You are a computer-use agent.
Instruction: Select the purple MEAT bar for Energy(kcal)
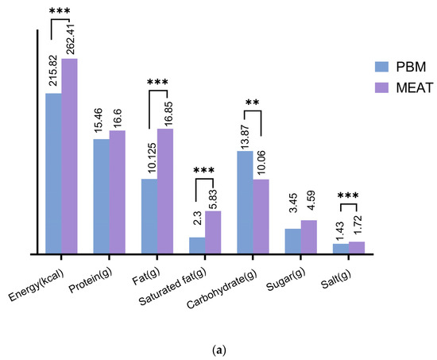[70, 156]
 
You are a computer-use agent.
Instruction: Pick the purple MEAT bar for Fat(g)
[165, 191]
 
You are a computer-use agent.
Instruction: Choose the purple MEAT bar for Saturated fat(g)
[213, 232]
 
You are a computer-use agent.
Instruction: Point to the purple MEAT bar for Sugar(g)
[308, 237]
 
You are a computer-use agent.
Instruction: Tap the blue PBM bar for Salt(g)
[340, 249]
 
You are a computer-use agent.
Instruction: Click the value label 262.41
[70, 39]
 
